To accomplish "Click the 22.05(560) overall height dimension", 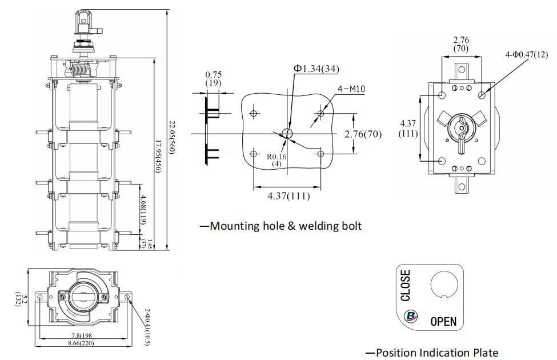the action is pos(171,137).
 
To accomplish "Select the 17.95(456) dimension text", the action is pos(158,157).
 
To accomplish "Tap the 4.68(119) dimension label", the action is pos(143,209).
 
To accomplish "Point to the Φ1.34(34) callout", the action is pos(315,69).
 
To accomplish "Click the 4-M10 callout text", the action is pos(351,89).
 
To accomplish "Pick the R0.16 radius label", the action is pos(277,157).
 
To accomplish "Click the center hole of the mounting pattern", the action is pos(287,134).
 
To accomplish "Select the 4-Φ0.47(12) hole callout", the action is pos(527,54).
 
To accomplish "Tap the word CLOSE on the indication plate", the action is pos(405,285).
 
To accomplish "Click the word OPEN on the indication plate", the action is pos(443,321).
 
